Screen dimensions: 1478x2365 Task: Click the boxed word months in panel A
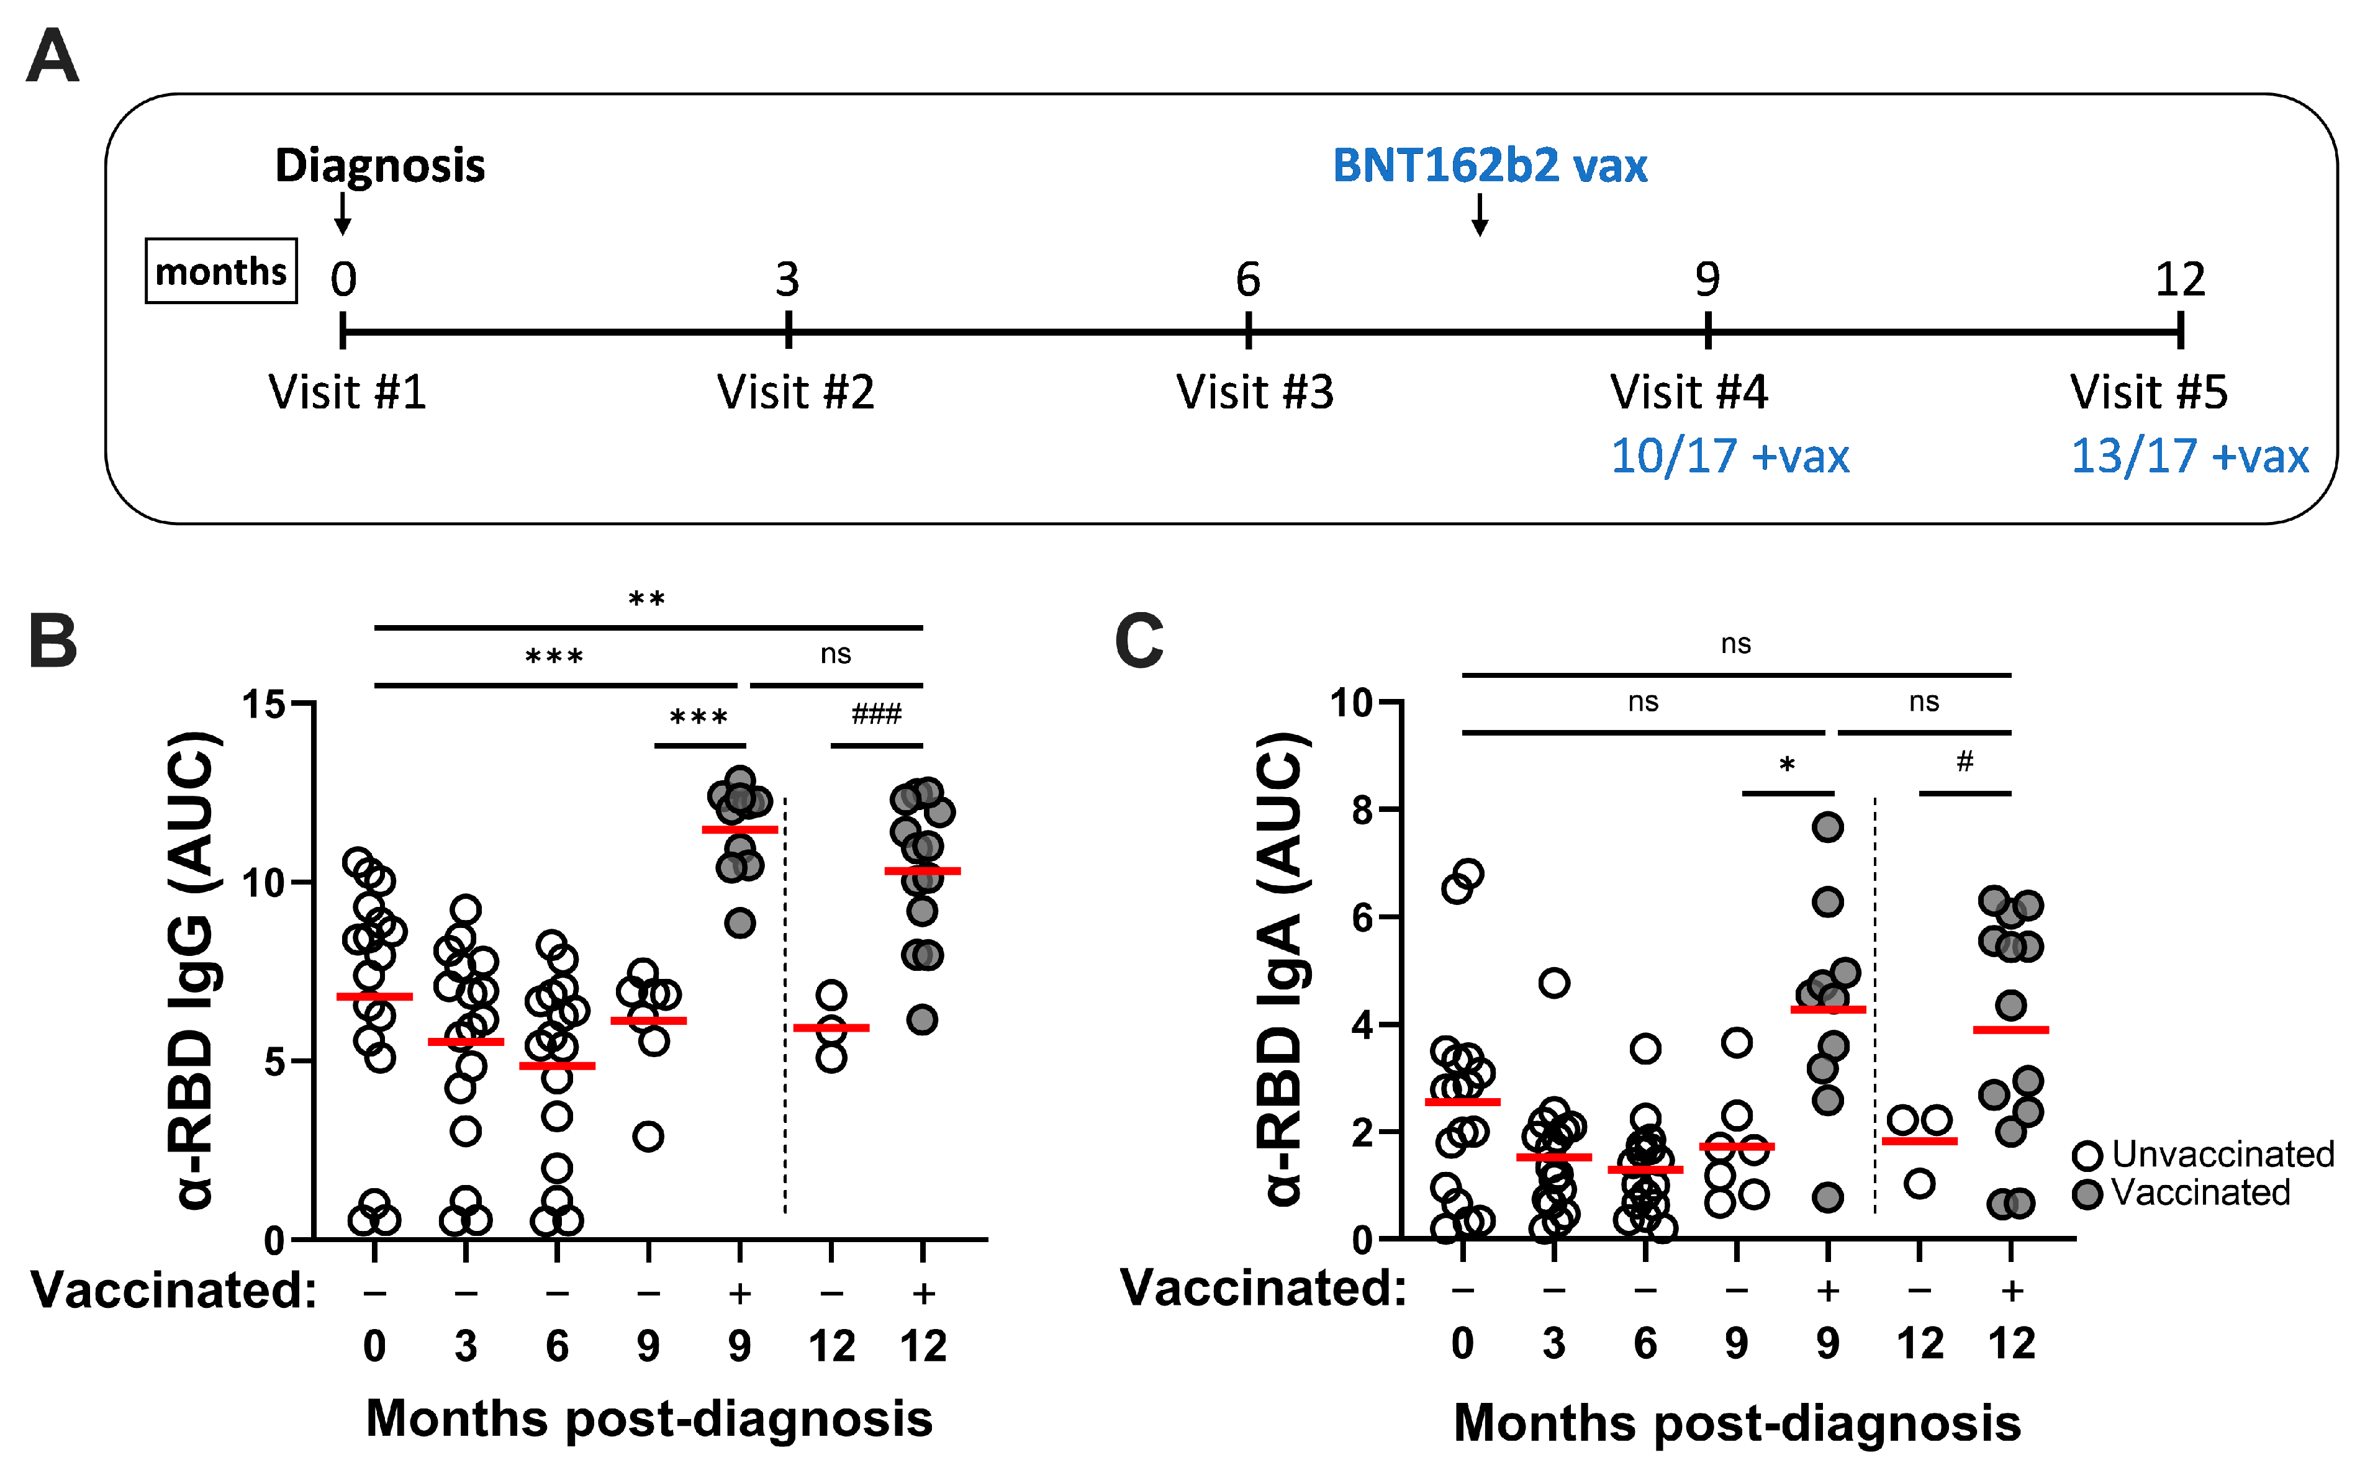pyautogui.click(x=221, y=271)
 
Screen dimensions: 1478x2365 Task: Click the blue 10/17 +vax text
pyautogui.click(x=1729, y=456)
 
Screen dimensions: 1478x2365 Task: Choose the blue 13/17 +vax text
pyautogui.click(x=2189, y=456)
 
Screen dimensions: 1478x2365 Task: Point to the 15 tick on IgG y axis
pyautogui.click(x=263, y=704)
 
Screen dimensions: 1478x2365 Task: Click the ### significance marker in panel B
pyautogui.click(x=876, y=714)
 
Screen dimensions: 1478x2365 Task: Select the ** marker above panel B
pyautogui.click(x=646, y=599)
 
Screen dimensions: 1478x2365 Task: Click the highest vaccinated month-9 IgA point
pyautogui.click(x=1827, y=827)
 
